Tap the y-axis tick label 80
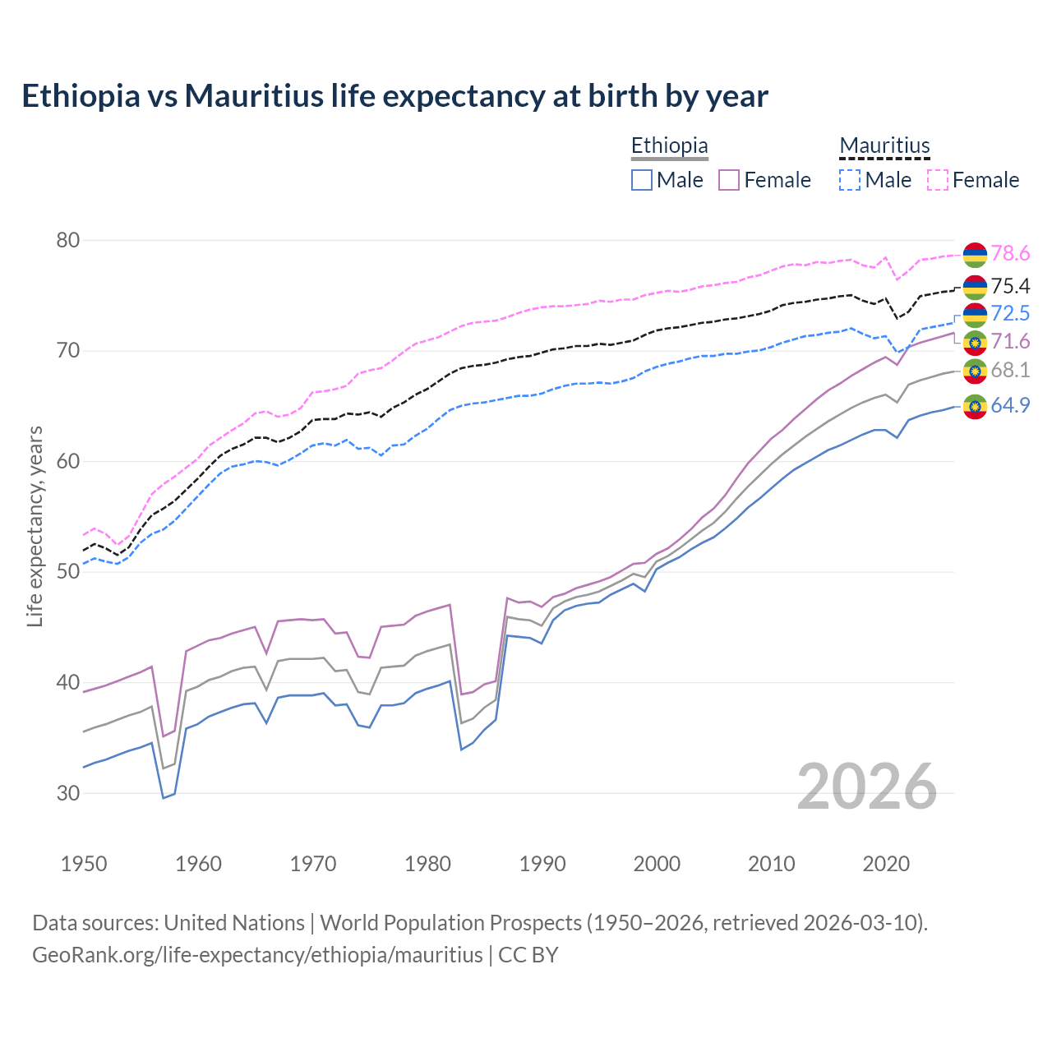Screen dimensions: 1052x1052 tap(68, 240)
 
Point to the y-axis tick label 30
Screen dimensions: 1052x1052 tap(68, 793)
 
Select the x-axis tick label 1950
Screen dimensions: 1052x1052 tap(84, 864)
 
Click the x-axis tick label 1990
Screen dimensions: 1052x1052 tap(542, 864)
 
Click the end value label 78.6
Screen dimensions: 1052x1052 tap(1010, 254)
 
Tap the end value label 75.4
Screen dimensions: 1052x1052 tap(1010, 286)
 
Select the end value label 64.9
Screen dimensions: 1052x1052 tap(1010, 405)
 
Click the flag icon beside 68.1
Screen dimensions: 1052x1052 tap(975, 371)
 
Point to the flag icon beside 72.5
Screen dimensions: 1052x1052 tap(975, 315)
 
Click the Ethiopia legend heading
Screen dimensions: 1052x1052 tap(669, 145)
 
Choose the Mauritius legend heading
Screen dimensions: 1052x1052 tap(884, 145)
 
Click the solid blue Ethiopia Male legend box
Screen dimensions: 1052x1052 tap(642, 180)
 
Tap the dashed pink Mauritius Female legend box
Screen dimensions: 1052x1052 tap(938, 180)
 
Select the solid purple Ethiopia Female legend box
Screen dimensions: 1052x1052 tap(729, 180)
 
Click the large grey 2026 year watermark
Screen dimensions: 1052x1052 tap(867, 787)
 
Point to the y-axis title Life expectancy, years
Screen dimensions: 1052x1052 tap(35, 526)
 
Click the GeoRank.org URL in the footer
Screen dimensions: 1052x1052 tap(257, 955)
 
